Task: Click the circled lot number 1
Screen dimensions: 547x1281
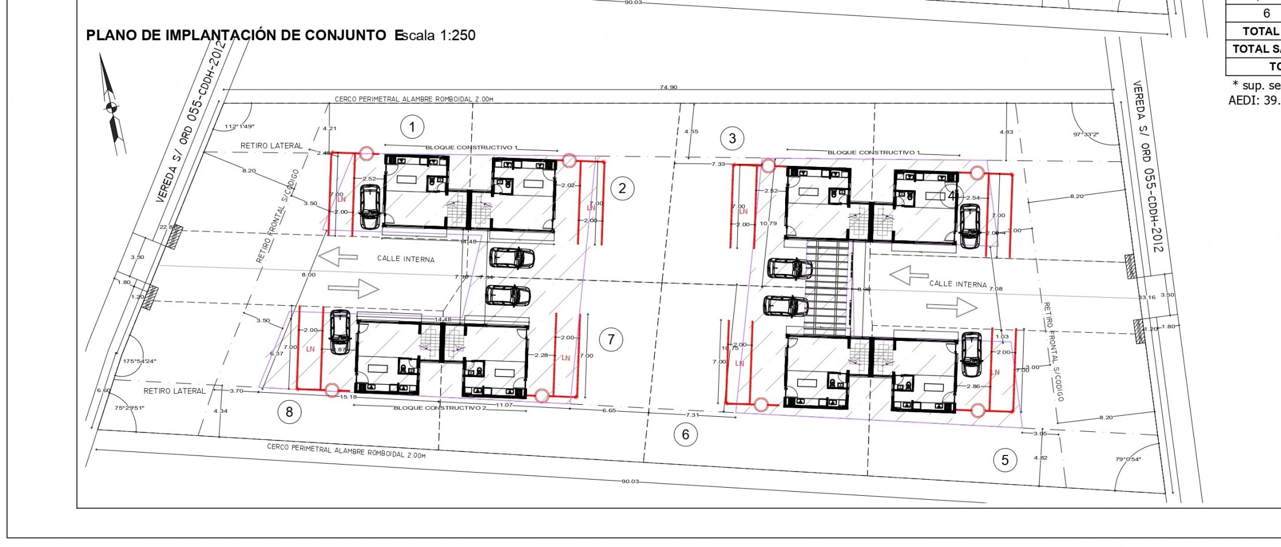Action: pos(412,127)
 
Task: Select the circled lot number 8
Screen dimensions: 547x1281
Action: pos(289,412)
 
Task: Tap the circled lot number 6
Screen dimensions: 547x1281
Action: pos(685,434)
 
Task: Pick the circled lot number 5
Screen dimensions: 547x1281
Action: pos(1005,460)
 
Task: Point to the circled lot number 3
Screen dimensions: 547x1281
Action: pos(732,138)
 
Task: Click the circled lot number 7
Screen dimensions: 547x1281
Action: pos(611,340)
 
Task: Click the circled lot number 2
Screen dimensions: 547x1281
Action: pos(622,188)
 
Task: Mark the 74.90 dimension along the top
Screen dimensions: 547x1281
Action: pos(668,88)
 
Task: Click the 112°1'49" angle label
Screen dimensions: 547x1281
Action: pos(240,126)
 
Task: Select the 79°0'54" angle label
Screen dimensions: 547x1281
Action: pos(1128,459)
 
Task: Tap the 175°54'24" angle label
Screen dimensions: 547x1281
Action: pos(139,362)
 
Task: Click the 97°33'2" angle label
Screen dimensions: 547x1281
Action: pos(1086,134)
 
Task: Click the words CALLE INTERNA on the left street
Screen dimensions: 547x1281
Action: pos(405,259)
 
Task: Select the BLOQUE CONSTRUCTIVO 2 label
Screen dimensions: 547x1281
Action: pos(440,408)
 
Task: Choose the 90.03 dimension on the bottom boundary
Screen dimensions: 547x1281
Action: pos(630,481)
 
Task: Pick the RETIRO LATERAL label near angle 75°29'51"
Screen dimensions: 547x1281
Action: pos(174,391)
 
